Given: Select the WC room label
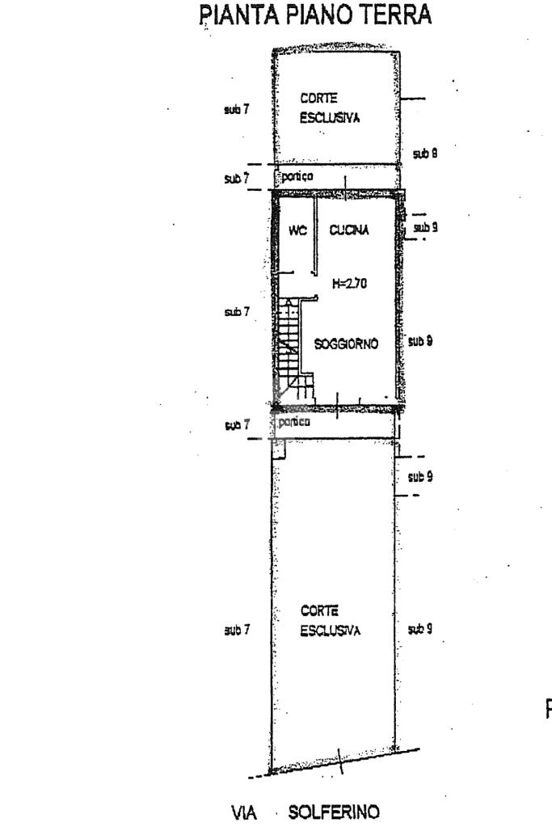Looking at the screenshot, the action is (x=297, y=230).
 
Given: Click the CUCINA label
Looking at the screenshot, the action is (x=349, y=230).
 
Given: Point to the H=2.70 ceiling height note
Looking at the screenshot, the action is (x=350, y=285).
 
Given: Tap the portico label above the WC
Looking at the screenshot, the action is (x=297, y=176).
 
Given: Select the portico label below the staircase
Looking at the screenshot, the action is (x=294, y=421).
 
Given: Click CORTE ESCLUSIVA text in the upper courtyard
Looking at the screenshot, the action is (x=328, y=108).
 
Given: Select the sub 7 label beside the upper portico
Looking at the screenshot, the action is (x=237, y=178).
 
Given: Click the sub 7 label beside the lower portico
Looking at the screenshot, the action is (x=237, y=424).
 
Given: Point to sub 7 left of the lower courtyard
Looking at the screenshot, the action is (x=237, y=627).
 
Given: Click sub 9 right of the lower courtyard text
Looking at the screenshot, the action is (x=420, y=627).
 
